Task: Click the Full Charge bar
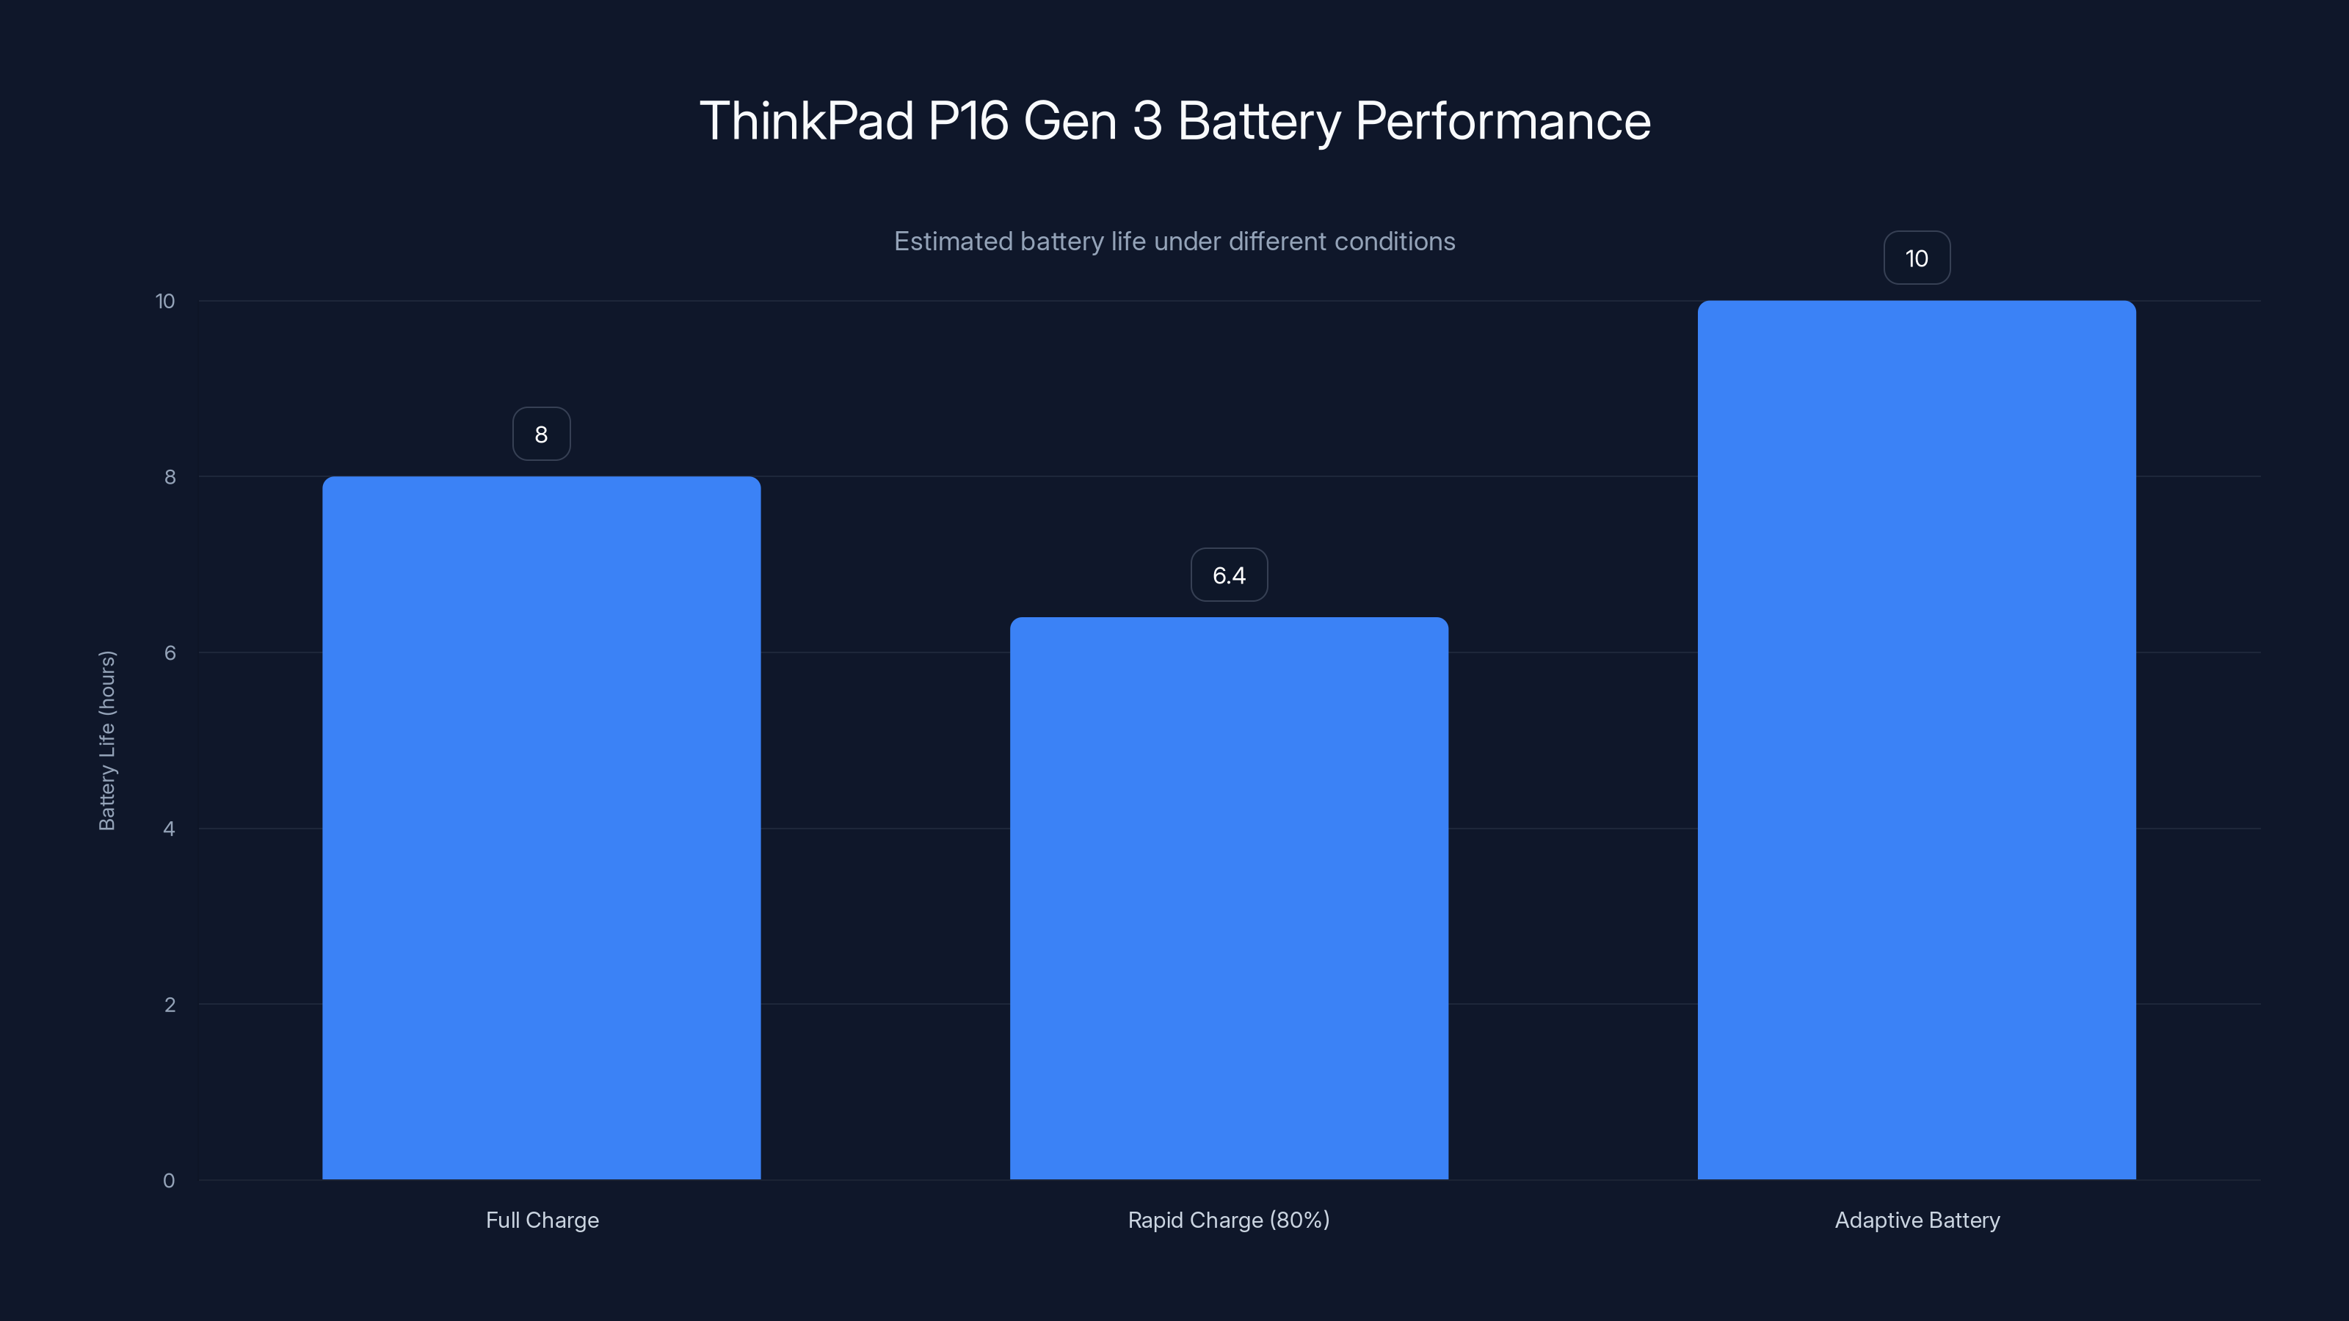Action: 541,828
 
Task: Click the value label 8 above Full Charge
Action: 541,434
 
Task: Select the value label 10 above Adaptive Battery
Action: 1916,258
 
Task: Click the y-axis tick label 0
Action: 169,1181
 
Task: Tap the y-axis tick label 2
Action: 170,1005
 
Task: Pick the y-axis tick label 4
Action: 169,829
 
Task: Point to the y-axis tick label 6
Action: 170,652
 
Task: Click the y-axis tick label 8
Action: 170,477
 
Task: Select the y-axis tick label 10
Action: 165,301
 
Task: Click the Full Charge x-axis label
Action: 542,1220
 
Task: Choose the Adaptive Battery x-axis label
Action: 1917,1220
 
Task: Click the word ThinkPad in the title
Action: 806,121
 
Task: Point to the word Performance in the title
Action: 1503,121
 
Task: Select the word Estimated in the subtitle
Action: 952,241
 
